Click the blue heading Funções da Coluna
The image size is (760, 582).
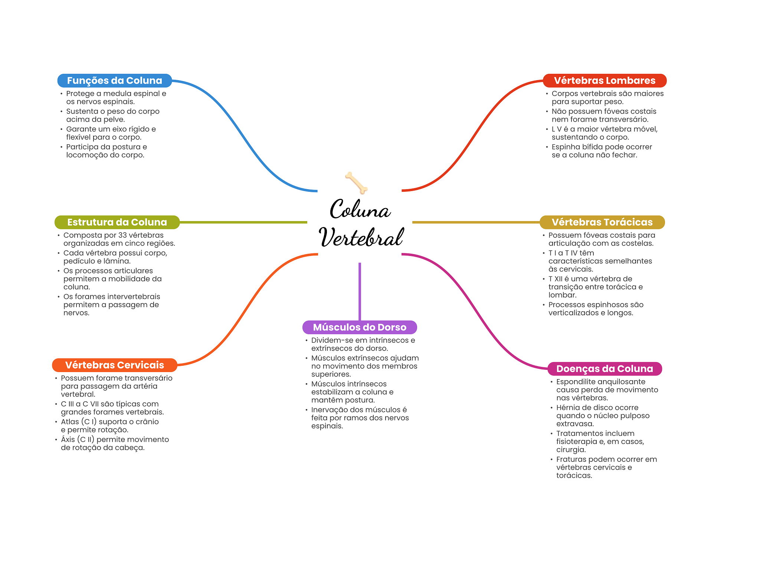[114, 80]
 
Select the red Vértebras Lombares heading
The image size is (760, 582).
[605, 80]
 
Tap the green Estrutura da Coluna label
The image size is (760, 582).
[117, 222]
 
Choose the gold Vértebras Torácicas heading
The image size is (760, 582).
[602, 222]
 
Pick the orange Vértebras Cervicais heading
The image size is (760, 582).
[114, 365]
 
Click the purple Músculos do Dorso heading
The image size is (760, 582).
[360, 327]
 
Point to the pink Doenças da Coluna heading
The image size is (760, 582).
[605, 369]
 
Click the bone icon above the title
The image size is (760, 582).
[356, 183]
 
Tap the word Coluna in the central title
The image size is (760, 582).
[360, 210]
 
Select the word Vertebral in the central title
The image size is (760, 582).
[361, 237]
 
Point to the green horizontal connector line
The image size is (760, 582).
[243, 222]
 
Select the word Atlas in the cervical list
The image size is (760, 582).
[70, 422]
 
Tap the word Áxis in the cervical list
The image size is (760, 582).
[68, 440]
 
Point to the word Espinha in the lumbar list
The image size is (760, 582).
[564, 147]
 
